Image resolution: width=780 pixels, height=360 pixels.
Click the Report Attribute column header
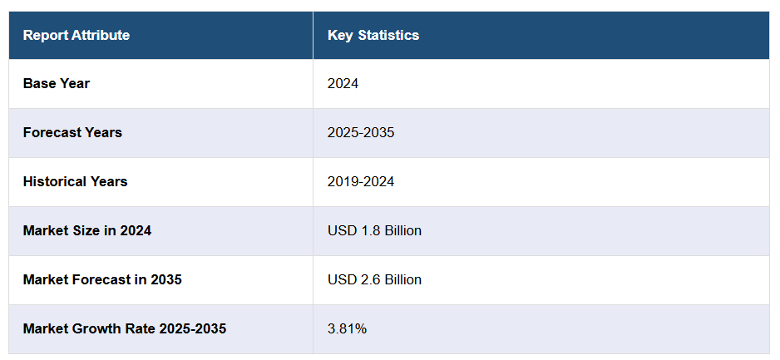point(77,35)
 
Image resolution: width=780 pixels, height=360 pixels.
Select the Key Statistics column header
point(373,35)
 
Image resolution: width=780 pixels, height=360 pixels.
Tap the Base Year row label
point(57,83)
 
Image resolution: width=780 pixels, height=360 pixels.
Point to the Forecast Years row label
point(72,132)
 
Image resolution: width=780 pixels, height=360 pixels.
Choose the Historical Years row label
point(75,181)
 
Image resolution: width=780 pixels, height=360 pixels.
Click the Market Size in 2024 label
point(87,230)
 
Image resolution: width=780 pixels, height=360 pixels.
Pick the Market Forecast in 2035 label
point(102,279)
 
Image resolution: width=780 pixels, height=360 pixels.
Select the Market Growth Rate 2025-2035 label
point(125,328)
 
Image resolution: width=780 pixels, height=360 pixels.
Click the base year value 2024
point(343,83)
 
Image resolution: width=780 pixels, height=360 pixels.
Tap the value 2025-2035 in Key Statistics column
point(361,132)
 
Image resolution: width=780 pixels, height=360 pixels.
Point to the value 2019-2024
point(361,181)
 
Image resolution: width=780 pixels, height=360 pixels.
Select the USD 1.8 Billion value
point(374,230)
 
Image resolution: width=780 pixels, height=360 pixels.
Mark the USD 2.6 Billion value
point(374,279)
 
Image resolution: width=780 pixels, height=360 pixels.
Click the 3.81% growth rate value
point(348,328)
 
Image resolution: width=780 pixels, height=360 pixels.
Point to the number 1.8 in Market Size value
point(371,230)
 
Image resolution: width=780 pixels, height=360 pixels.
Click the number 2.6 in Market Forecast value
point(371,279)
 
